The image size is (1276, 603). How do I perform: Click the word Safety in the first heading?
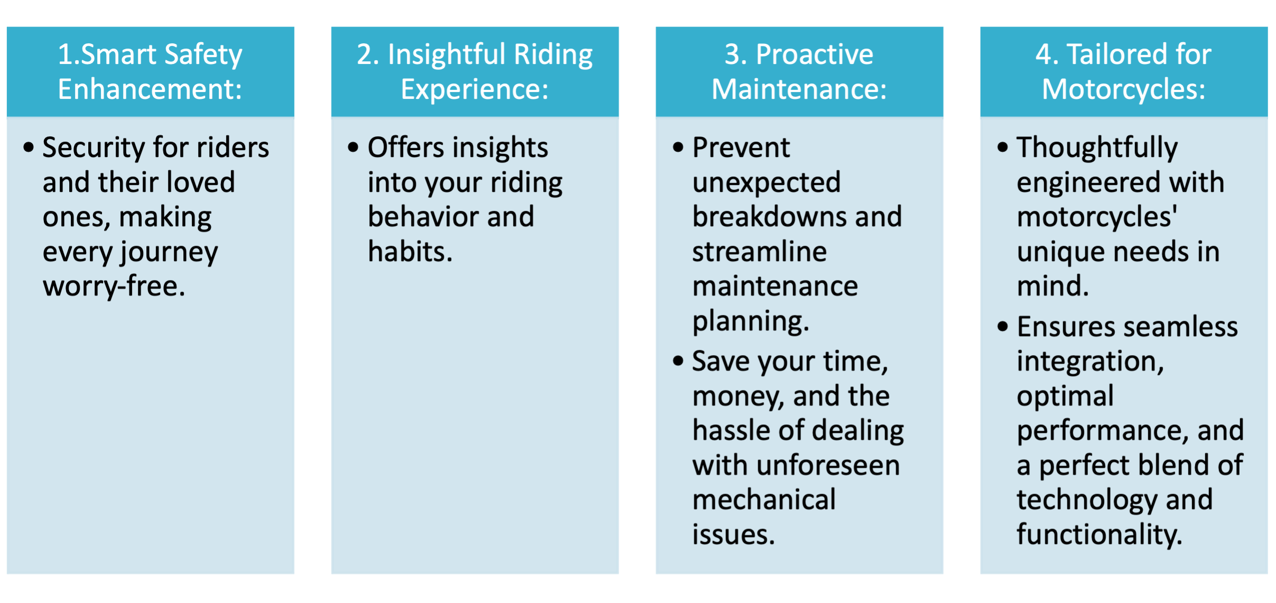(x=203, y=55)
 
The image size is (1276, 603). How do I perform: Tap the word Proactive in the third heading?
(x=814, y=54)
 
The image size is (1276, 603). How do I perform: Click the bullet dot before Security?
(x=29, y=147)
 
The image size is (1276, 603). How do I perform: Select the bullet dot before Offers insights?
(x=353, y=147)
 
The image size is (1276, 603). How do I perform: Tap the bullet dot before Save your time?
(x=678, y=361)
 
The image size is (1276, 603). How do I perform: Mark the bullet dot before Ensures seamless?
(x=1002, y=327)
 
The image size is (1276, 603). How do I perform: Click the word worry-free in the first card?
(x=114, y=287)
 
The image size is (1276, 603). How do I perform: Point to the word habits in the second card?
(x=410, y=251)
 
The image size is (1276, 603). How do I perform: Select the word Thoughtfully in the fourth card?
(x=1097, y=148)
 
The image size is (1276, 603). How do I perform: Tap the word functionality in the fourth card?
(x=1099, y=535)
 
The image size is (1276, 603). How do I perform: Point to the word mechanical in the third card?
(x=764, y=499)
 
